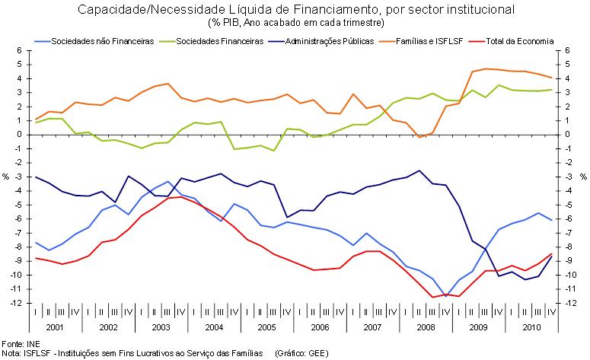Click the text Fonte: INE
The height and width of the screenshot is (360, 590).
click(20, 343)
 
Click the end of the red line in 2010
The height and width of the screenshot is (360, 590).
click(551, 254)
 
